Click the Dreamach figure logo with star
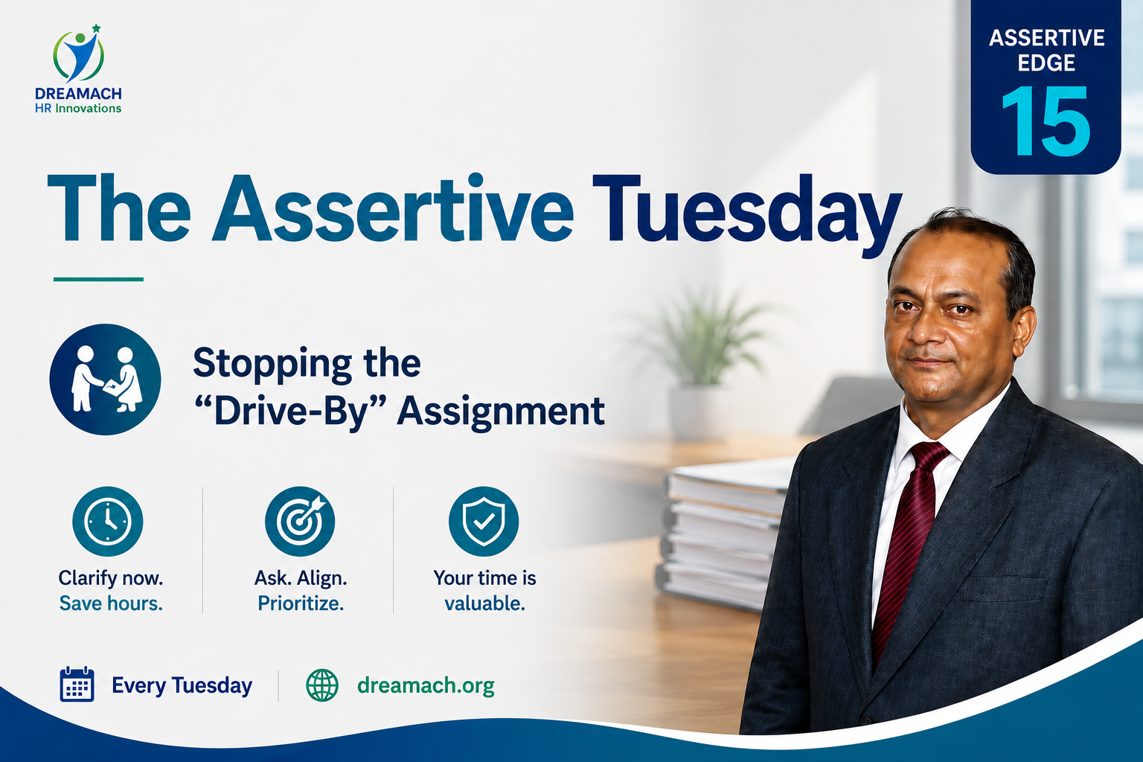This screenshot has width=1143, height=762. point(78,54)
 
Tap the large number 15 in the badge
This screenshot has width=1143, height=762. point(1046,121)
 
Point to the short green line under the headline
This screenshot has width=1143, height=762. point(98,279)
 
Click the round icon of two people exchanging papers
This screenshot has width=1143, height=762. point(105,380)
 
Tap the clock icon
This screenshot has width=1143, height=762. point(108,521)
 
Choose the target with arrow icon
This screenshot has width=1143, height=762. point(300,521)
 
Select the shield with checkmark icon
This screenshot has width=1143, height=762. point(484,521)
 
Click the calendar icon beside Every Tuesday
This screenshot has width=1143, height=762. point(77,684)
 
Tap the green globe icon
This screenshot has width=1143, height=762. point(322,685)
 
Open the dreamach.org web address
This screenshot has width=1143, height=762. point(426,685)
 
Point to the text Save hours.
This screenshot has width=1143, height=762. point(111,603)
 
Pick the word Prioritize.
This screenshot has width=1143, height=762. point(301,603)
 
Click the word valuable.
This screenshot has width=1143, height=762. point(484,603)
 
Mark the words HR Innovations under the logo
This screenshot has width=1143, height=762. point(78,108)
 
